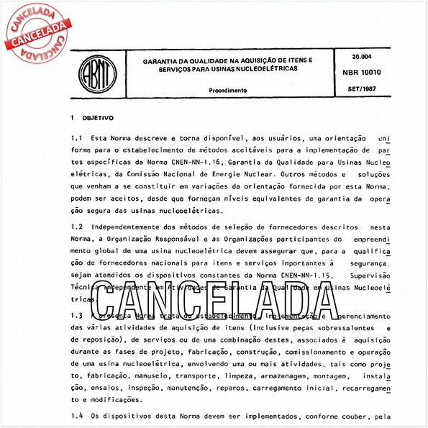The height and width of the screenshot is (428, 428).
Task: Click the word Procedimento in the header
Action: pos(228,91)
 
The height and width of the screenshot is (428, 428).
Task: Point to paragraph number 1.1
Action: pos(77,137)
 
